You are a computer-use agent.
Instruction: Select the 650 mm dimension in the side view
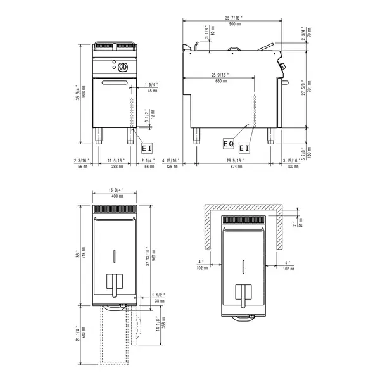pyautogui.click(x=221, y=82)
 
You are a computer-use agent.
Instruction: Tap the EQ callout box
pyautogui.click(x=229, y=144)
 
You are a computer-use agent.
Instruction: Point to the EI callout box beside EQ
pyautogui.click(x=244, y=148)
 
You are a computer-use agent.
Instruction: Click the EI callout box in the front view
pyautogui.click(x=147, y=147)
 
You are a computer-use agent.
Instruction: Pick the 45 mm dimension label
pyautogui.click(x=151, y=91)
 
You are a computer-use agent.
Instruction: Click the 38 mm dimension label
pyautogui.click(x=158, y=302)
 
